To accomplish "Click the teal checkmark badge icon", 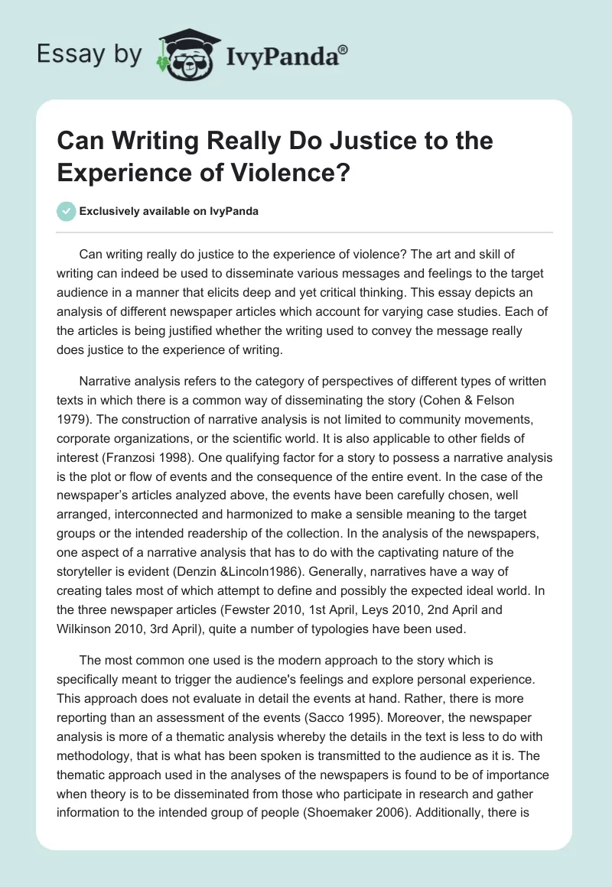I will [x=67, y=211].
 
